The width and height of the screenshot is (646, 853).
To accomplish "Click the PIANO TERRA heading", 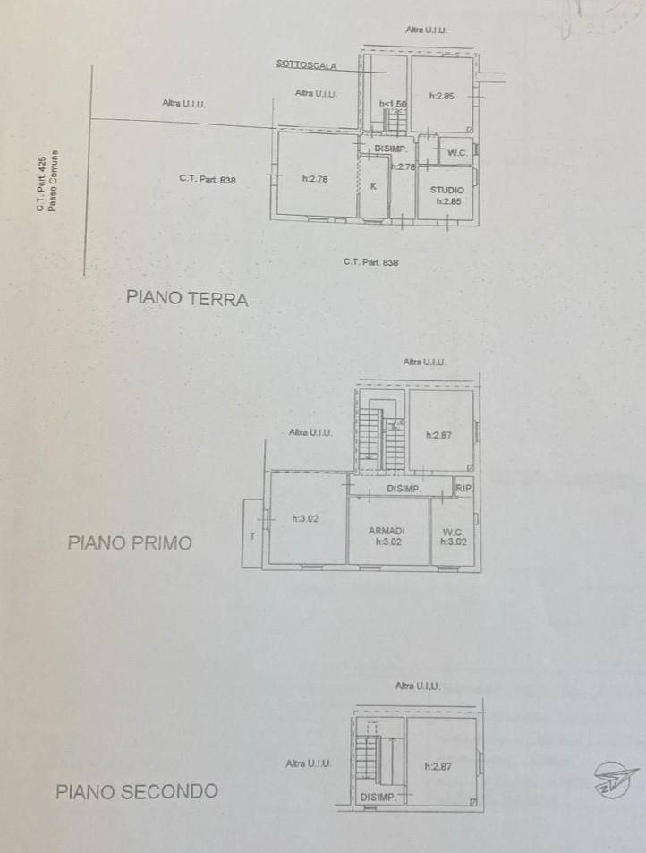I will pos(187,299).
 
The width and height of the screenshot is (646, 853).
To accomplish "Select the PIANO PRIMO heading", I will pos(130,542).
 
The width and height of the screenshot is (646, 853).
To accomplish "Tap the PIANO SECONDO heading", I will pos(137,791).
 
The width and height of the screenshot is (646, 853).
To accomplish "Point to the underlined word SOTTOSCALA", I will pos(307,65).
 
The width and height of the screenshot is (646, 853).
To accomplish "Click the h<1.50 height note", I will pos(393,104).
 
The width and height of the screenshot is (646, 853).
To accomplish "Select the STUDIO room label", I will pos(446,190).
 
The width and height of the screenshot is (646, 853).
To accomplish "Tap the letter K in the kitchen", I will pos(373,187).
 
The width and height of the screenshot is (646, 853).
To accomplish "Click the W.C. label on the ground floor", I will pos(456,153).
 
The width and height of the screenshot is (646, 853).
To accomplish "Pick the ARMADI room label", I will pos(387,531).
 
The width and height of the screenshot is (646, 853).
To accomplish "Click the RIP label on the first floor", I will pos(463,488).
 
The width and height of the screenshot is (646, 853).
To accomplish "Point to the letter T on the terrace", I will pos(251,535).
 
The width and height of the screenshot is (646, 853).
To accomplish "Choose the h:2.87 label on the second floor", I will pos(438,766).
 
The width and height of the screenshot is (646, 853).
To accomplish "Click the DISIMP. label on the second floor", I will pos(378,797).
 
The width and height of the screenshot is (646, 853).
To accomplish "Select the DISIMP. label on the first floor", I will pos(404,489).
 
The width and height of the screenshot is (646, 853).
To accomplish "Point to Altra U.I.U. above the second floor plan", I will pos(418,686).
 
